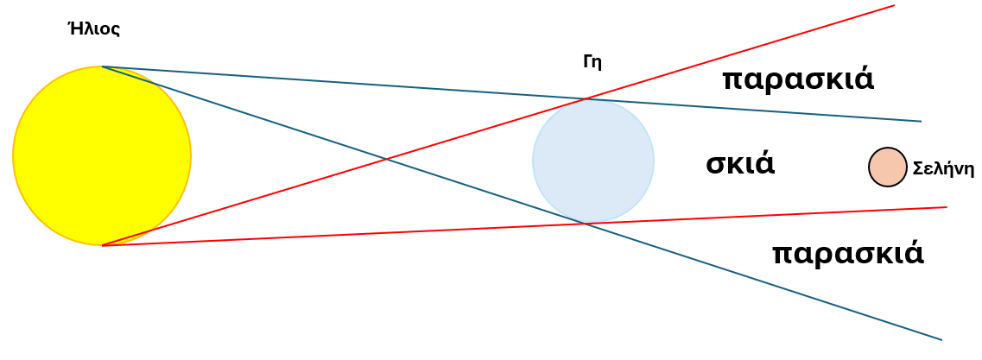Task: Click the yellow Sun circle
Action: [x=101, y=156]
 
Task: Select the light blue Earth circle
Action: [x=593, y=161]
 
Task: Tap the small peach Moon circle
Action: [x=888, y=167]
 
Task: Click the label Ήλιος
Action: [x=93, y=28]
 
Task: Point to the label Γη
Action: [x=592, y=62]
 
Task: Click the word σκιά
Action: [x=740, y=163]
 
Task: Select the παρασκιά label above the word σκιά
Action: [x=798, y=80]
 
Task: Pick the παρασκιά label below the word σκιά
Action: [x=848, y=254]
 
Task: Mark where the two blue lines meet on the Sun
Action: [x=102, y=66]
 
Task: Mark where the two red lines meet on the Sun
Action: [x=102, y=245]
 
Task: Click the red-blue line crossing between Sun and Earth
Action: [x=386, y=159]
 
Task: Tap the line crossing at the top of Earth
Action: [x=585, y=99]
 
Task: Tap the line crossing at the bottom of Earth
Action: [x=585, y=223]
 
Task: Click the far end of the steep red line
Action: [x=894, y=5]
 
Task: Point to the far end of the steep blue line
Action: [x=942, y=340]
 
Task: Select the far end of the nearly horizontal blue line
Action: [x=922, y=122]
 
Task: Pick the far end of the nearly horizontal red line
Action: [x=947, y=207]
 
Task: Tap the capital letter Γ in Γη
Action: [x=586, y=61]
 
